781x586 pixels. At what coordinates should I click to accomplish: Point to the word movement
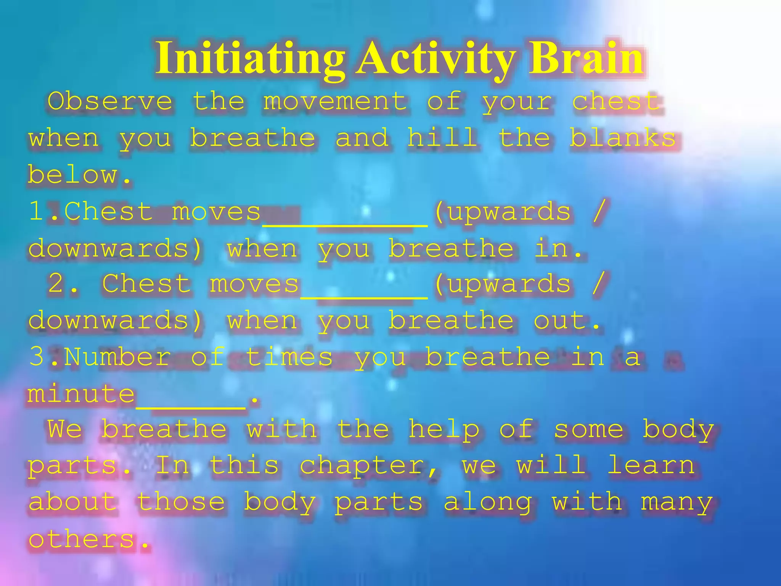(335, 101)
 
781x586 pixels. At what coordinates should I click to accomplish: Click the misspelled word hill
(442, 138)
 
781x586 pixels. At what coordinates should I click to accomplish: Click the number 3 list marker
(37, 357)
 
